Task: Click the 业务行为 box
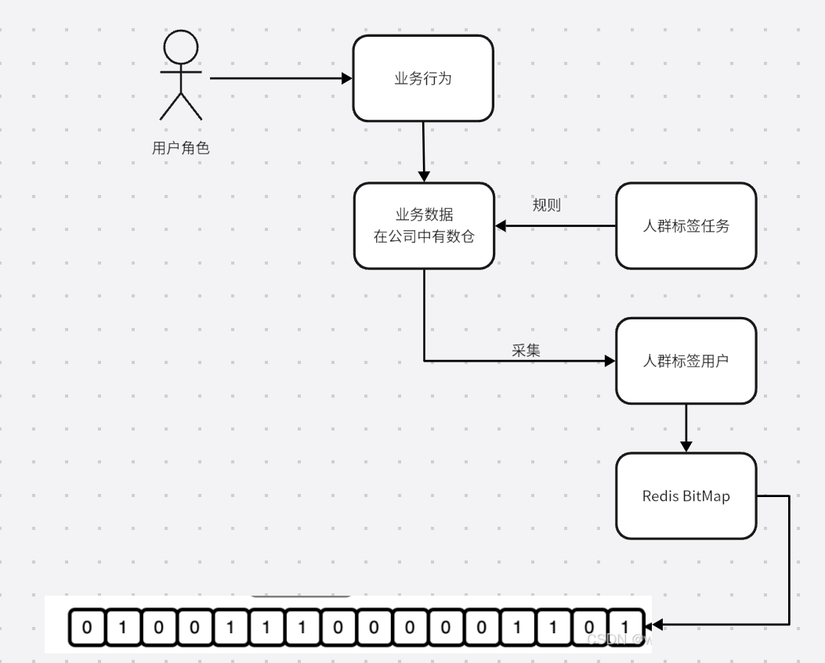[x=423, y=78]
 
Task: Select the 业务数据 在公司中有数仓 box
[x=424, y=226]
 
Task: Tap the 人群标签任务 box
[x=686, y=226]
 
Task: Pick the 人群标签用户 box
[x=686, y=362]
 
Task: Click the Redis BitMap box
[x=686, y=496]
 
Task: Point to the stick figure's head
[x=180, y=48]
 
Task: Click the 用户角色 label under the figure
[x=180, y=148]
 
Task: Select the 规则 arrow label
[x=546, y=205]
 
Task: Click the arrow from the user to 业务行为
[x=278, y=78]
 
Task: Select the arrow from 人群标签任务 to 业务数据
[x=556, y=226]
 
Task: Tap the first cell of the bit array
[x=87, y=628]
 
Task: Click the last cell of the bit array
[x=624, y=628]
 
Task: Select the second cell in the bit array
[x=123, y=628]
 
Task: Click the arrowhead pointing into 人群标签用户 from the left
[x=609, y=361]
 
